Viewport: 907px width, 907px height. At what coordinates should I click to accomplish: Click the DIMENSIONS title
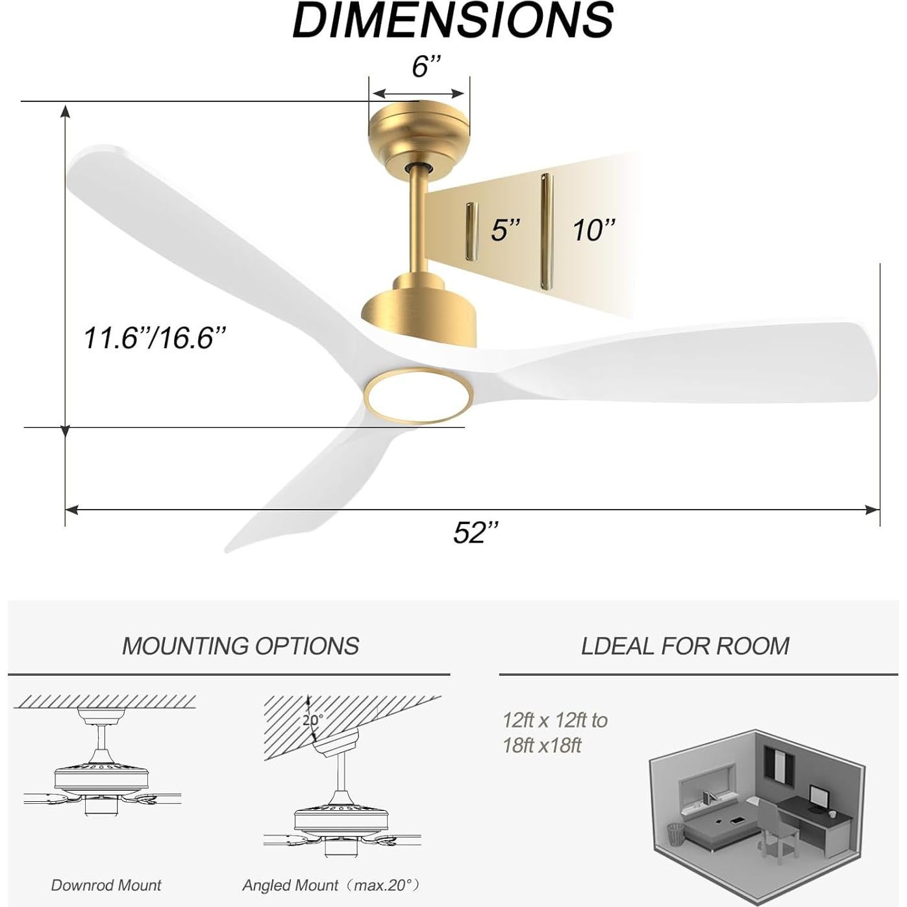click(x=453, y=21)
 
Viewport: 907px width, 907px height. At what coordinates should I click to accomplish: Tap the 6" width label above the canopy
click(x=426, y=66)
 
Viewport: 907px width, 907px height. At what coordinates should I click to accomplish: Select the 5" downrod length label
click(x=505, y=230)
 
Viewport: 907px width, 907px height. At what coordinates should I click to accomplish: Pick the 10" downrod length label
click(x=593, y=230)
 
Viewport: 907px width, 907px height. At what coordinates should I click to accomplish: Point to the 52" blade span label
click(x=476, y=532)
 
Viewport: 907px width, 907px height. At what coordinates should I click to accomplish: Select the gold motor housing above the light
click(x=421, y=312)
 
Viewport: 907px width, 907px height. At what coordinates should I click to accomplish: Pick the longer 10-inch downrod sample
click(x=545, y=231)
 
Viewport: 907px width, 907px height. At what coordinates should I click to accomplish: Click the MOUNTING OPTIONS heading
click(x=240, y=646)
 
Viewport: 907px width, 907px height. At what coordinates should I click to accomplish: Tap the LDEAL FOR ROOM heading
click(x=685, y=646)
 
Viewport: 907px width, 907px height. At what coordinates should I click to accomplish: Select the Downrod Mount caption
click(x=106, y=885)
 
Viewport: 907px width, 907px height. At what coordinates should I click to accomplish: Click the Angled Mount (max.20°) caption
click(x=331, y=885)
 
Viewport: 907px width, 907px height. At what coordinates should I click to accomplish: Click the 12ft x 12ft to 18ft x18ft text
click(x=555, y=732)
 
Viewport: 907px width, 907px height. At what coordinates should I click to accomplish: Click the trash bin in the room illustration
click(x=676, y=833)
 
